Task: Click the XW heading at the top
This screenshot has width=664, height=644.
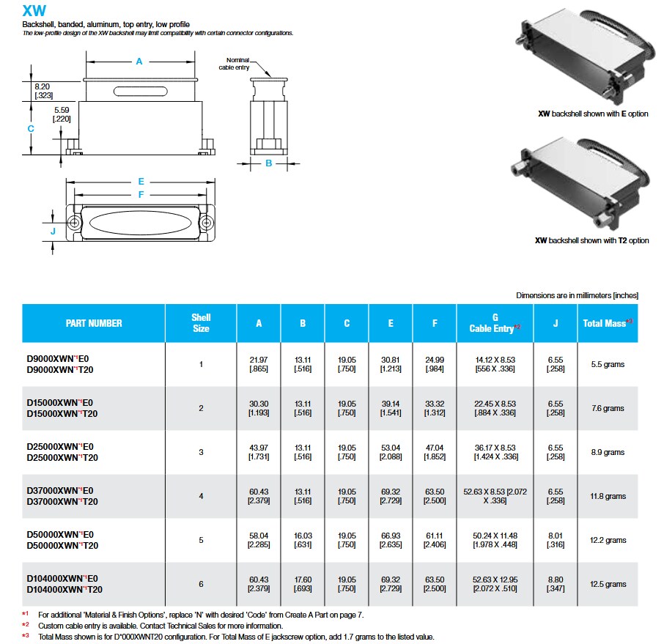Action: pos(34,11)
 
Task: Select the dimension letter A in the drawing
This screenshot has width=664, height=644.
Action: pos(139,62)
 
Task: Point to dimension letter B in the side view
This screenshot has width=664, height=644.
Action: pos(268,163)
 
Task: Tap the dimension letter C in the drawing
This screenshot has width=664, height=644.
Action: pos(31,128)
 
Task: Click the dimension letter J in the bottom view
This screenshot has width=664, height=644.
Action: pos(53,232)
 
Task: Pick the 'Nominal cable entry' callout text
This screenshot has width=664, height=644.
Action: pos(238,64)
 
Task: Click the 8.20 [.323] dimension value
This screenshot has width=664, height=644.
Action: pos(43,91)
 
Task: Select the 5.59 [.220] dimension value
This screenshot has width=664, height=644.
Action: pos(62,114)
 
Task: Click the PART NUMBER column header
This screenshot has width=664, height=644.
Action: pos(94,323)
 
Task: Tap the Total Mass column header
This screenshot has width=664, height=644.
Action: pos(607,323)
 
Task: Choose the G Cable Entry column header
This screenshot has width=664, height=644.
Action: pos(495,323)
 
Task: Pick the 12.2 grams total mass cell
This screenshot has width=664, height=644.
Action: pos(608,540)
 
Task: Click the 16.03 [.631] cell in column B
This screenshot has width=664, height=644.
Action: pos(303,540)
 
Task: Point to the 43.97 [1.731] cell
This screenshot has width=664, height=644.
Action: pos(259,452)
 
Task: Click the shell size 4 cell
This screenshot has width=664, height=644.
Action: pos(201,496)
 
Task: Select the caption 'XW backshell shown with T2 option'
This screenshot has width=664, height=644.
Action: pos(591,240)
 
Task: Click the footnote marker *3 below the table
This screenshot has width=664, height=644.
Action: pos(25,637)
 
